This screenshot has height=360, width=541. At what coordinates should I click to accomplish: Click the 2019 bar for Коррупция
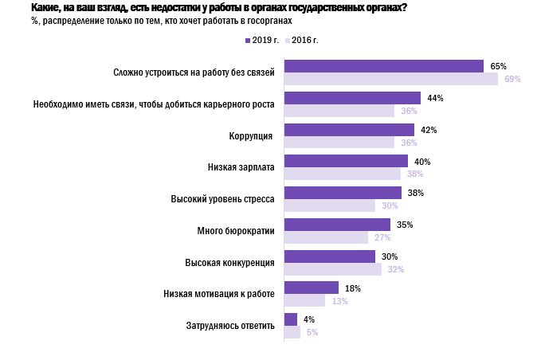pos(349,130)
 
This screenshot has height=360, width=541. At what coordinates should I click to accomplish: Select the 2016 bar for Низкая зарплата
pos(343,174)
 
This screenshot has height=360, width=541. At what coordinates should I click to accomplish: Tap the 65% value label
pos(499,66)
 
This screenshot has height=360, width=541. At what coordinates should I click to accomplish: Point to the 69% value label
pos(512,79)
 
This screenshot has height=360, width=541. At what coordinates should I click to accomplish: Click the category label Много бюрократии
pos(236,230)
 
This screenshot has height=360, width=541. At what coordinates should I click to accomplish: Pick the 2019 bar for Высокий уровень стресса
pos(343,193)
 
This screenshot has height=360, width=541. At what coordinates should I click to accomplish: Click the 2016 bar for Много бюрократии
pos(326,237)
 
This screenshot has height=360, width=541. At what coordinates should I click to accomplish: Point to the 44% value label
pos(435,98)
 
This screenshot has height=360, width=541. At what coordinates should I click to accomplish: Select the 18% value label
pos(353,288)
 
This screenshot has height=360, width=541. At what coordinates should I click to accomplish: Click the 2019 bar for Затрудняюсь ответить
pos(291,319)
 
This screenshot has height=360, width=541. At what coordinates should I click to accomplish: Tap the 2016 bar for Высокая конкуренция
pos(333,268)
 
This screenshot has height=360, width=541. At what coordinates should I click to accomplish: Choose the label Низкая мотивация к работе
pos(219,293)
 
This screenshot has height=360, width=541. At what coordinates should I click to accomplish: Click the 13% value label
pos(339,300)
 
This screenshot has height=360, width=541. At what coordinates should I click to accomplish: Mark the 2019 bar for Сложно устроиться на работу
pos(384,66)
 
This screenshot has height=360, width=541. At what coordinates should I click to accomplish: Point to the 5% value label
pos(312,332)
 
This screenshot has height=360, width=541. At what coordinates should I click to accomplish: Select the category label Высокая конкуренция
pos(229,262)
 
